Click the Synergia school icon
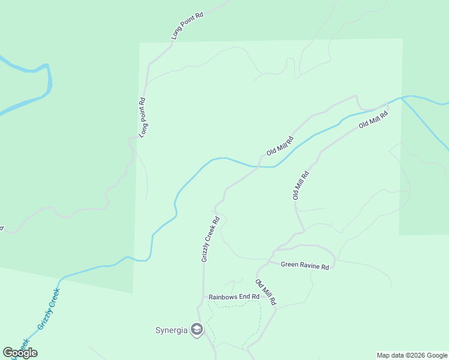click(196, 329)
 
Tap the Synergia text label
click(172, 330)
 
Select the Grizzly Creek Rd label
click(211, 239)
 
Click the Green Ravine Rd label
click(305, 265)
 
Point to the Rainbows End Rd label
click(234, 296)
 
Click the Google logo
click(20, 353)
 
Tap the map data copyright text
click(412, 355)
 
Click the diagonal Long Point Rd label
click(187, 25)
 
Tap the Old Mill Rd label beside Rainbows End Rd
click(265, 292)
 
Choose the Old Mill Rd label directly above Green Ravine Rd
click(300, 185)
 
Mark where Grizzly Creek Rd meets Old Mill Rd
click(259, 167)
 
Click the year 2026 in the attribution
click(421, 355)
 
